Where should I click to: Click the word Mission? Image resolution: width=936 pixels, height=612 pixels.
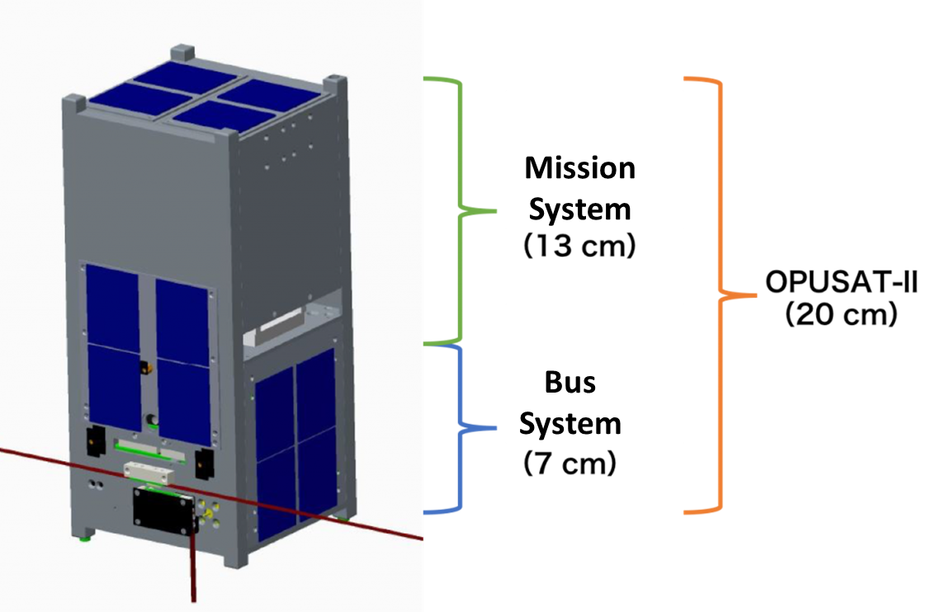click(x=580, y=168)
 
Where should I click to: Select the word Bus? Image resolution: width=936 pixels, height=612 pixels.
click(x=570, y=383)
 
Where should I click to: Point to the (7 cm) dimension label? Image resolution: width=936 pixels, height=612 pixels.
click(x=570, y=465)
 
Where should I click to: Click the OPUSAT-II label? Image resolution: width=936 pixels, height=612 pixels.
click(x=841, y=285)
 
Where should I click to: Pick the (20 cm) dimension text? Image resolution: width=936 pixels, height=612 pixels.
click(x=841, y=316)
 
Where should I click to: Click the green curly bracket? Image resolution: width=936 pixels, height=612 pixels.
click(x=459, y=210)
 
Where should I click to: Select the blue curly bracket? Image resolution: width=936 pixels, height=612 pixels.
click(x=459, y=428)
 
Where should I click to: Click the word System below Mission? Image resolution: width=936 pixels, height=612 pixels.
click(x=580, y=209)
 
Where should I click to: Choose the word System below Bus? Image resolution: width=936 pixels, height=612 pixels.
click(x=570, y=424)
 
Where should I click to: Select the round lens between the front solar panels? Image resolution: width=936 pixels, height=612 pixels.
click(x=153, y=421)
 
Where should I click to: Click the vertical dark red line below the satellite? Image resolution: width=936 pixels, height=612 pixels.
click(x=194, y=569)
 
